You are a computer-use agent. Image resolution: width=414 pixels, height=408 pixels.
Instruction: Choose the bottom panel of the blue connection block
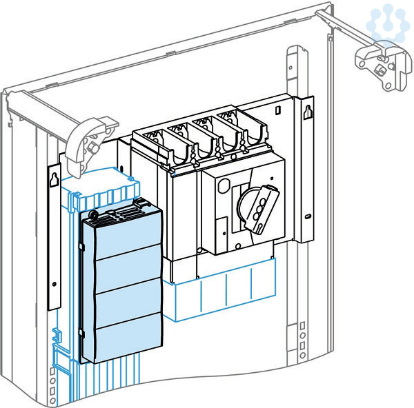pos(124,342)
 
